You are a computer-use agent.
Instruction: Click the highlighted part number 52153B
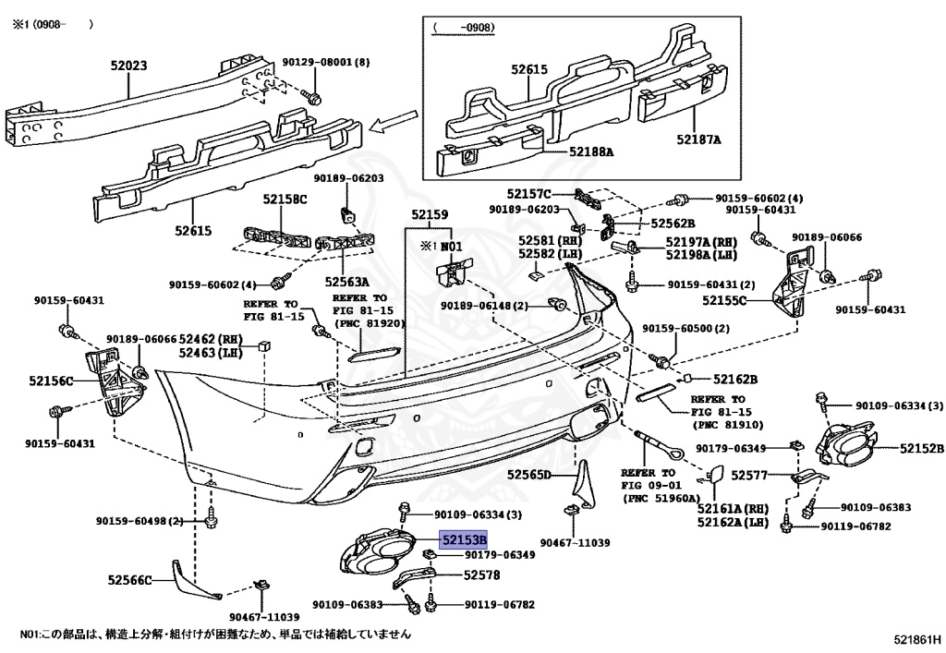(x=464, y=539)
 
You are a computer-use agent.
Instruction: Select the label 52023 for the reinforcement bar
(x=128, y=66)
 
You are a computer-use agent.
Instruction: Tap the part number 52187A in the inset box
(x=698, y=139)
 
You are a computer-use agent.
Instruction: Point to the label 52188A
(x=591, y=152)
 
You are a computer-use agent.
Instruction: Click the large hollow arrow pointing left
(x=394, y=120)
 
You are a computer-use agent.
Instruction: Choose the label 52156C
(x=52, y=381)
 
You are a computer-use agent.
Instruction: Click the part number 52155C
(x=724, y=299)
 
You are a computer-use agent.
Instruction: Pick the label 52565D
(x=529, y=475)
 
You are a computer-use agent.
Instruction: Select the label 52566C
(x=130, y=580)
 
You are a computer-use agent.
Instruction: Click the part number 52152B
(x=922, y=448)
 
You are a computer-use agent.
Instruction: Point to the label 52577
(x=749, y=475)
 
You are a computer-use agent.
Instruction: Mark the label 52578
(x=481, y=575)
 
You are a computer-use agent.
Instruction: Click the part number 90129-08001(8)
(x=326, y=62)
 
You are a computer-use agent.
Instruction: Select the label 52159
(x=430, y=214)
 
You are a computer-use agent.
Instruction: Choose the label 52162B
(x=735, y=380)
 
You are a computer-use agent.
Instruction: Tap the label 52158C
(x=285, y=199)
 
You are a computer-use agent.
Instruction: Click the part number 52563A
(x=347, y=282)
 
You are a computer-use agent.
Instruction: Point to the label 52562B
(x=673, y=224)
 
